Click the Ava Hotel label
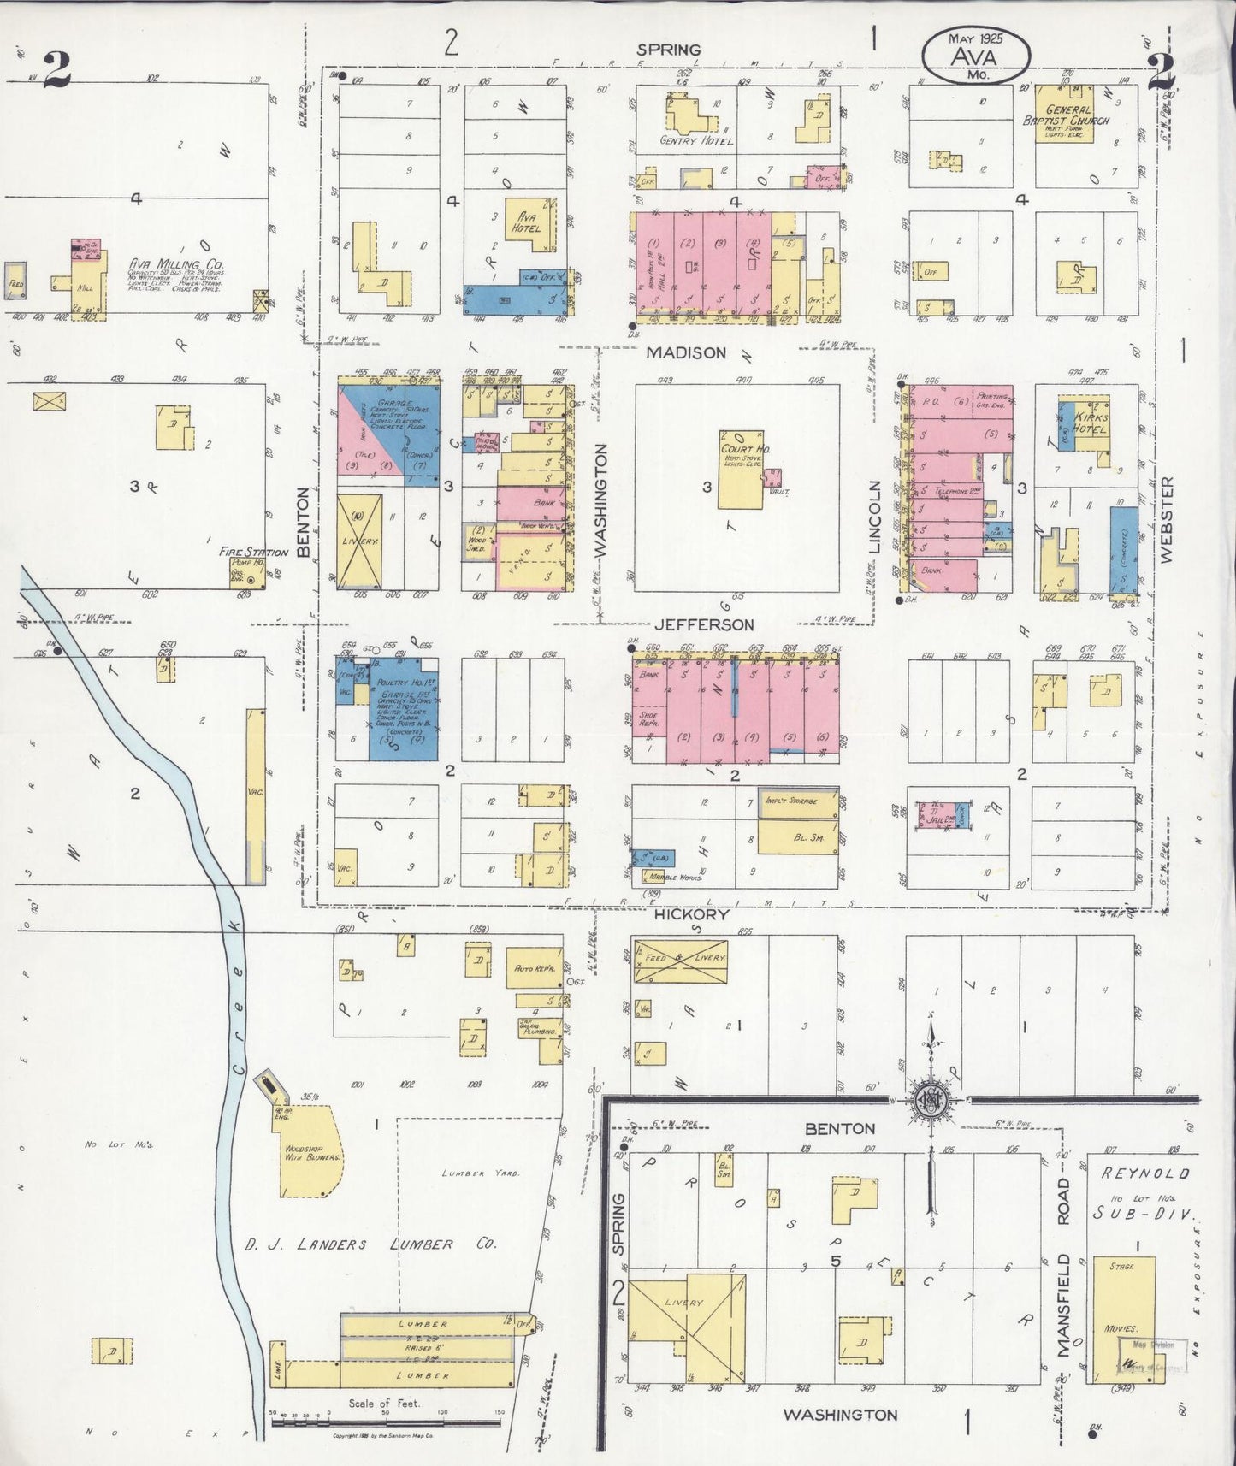(523, 222)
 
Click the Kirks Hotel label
(1090, 423)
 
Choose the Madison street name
(686, 352)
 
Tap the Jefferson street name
(704, 625)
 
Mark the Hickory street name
(692, 914)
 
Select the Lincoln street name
(875, 529)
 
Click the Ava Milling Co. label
(177, 265)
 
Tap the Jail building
(941, 817)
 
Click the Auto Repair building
(535, 968)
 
